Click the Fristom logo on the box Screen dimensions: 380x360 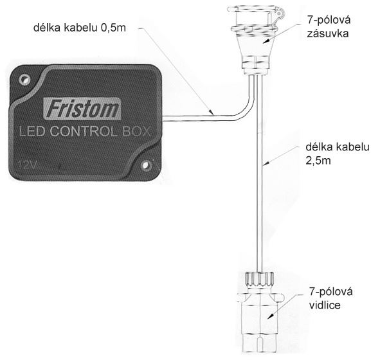pos(82,109)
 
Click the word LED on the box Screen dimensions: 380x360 pos(33,132)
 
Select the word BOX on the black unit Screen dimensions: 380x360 pos(136,131)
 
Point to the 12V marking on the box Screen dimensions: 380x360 pos(27,165)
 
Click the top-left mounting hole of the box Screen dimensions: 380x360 pos(24,79)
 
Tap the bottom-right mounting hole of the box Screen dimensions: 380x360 pos(145,165)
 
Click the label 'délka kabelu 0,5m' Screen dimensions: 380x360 pos(80,28)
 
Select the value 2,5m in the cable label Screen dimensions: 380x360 pos(318,161)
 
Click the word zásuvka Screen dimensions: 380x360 pos(328,33)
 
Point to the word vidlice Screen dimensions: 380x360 pos(325,305)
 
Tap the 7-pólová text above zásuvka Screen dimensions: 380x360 pos(329,20)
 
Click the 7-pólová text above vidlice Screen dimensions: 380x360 pos(330,292)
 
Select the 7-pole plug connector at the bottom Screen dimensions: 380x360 pos(260,312)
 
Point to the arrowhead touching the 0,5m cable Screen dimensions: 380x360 pos(212,112)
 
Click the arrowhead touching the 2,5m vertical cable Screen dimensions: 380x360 pos(266,163)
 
